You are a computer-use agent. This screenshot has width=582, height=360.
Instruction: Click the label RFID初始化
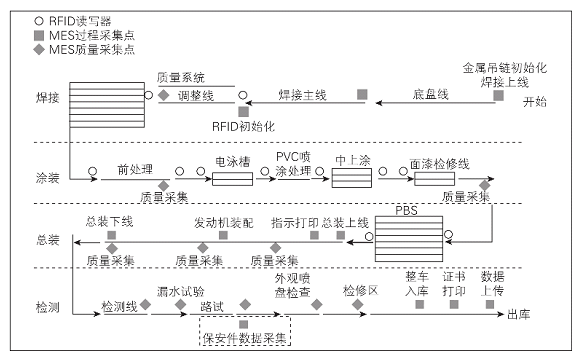click(244, 126)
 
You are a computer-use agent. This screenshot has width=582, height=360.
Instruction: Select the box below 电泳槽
click(232, 179)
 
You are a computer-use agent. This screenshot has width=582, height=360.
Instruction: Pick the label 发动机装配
click(223, 221)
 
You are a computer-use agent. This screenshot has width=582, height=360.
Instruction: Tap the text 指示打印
click(294, 221)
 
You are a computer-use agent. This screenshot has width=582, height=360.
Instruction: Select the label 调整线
click(196, 94)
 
